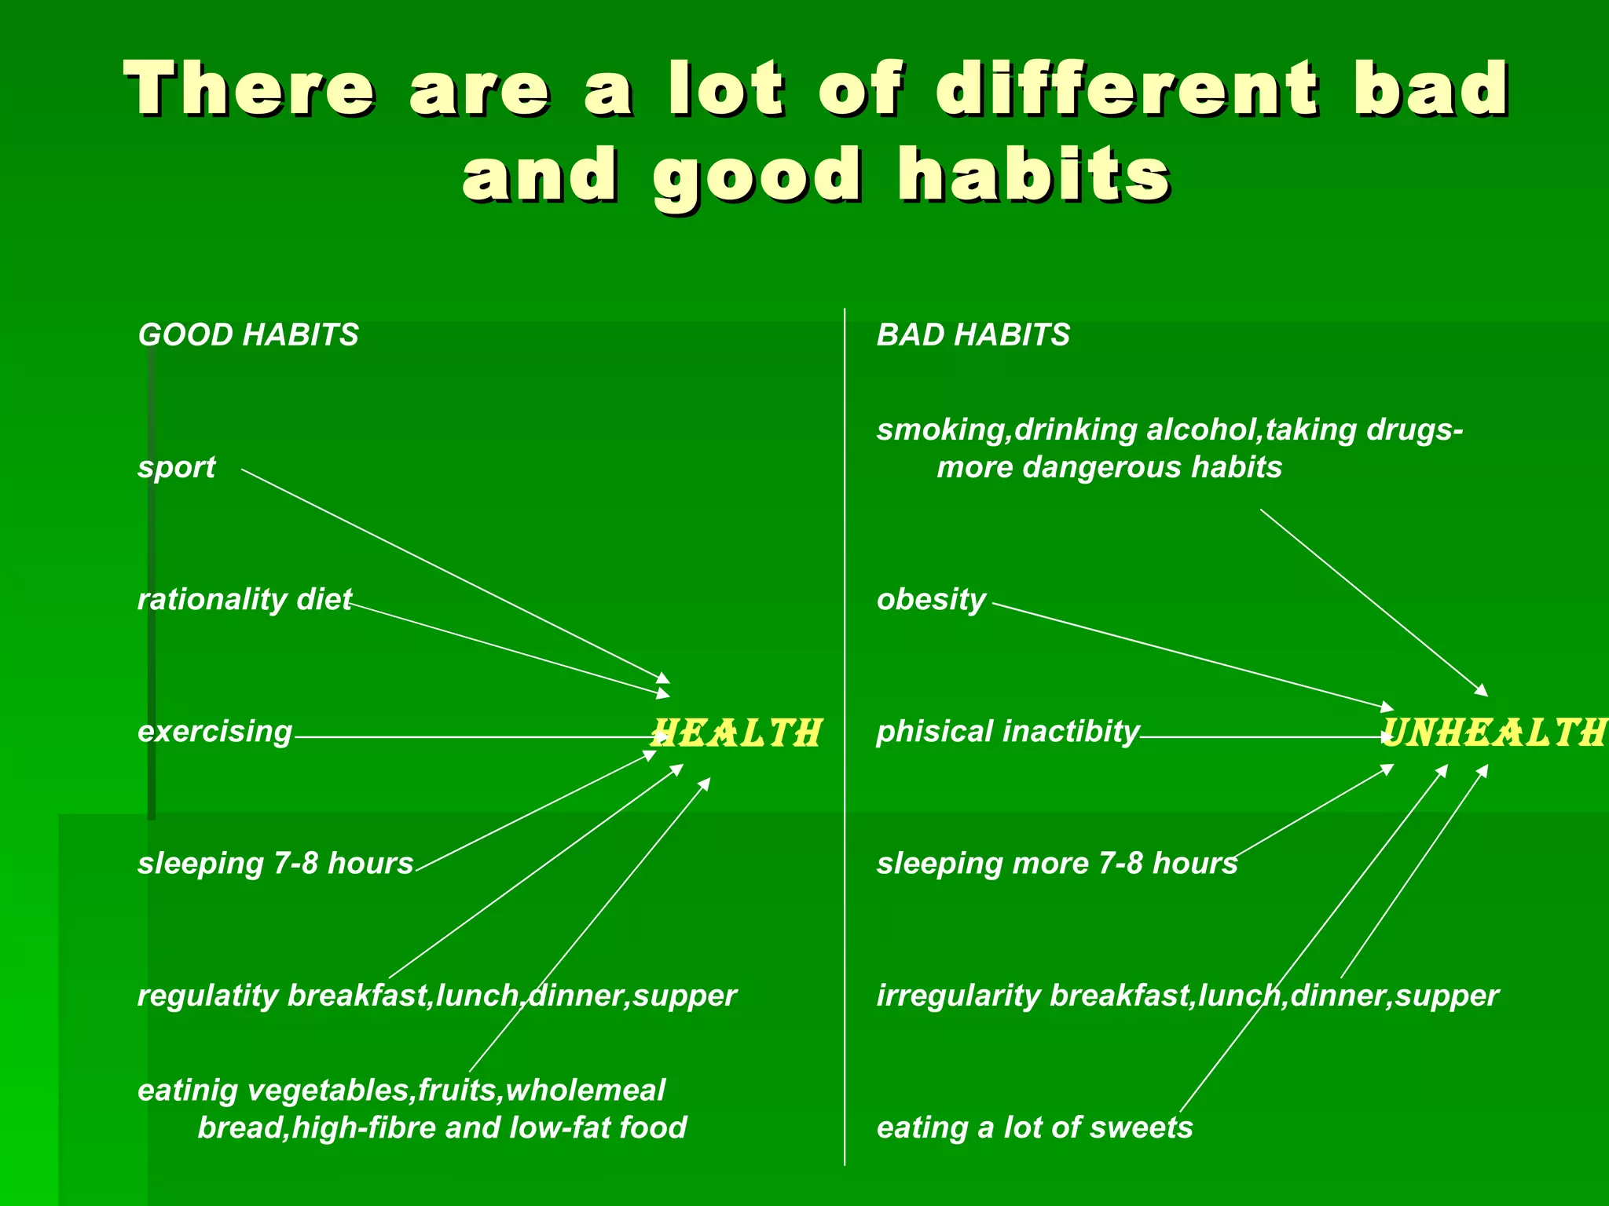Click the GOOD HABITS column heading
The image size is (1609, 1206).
coord(248,335)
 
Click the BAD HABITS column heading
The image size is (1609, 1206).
coord(973,335)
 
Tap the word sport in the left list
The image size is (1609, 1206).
coord(176,468)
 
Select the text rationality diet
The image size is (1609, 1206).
coord(244,600)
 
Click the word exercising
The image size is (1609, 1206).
coord(214,732)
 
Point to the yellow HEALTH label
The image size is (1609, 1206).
coord(737,733)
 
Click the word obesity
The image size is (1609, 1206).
coord(931,600)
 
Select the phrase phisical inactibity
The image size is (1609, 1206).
coord(1007,732)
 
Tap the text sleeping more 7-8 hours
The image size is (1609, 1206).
coord(1057,864)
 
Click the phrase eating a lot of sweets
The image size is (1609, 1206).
coord(1034,1128)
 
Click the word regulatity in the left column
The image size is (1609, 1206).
coord(208,996)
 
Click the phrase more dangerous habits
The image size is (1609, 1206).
coord(1109,468)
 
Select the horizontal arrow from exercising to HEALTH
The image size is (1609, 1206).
coord(471,737)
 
